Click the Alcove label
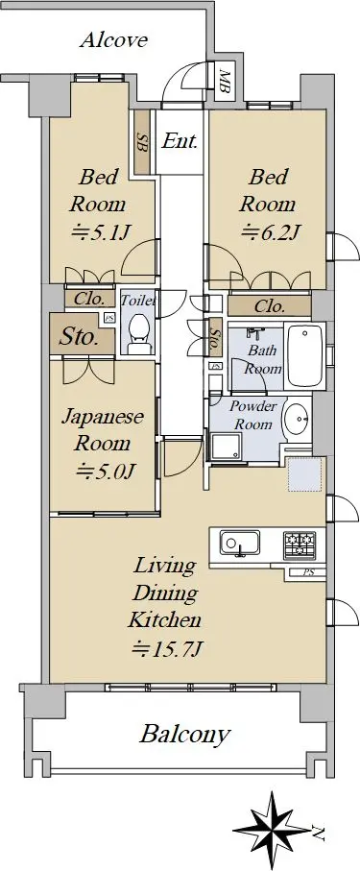113,40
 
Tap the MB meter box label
225,81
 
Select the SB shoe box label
142,143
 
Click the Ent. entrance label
180,142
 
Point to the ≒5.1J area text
101,232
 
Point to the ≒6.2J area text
271,231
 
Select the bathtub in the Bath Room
304,355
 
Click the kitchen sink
239,543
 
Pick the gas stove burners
300,544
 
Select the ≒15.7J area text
165,647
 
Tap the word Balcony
184,735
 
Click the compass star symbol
272,830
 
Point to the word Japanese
103,418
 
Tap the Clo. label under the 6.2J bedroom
270,305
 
